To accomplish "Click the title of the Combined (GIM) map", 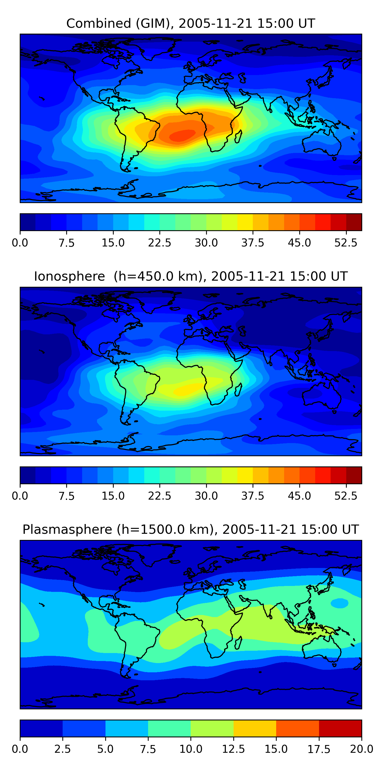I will tap(191, 23).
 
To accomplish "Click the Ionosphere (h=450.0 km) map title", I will tap(191, 276).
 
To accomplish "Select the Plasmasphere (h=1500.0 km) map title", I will tap(191, 529).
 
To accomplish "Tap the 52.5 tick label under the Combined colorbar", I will tap(346, 243).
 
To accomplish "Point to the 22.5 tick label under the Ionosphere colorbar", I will tap(160, 496).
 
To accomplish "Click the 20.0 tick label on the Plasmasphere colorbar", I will tap(361, 749).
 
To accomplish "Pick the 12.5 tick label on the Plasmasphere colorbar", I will tap(234, 749).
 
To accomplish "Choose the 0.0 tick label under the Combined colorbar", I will tap(20, 243).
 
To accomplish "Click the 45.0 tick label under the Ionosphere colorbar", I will tap(299, 496).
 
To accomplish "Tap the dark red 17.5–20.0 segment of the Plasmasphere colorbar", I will tap(340, 728).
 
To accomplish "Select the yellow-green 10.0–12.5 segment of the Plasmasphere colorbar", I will tap(212, 728).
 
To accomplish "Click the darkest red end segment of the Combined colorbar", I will tap(354, 222).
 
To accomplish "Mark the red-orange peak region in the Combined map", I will tap(182, 135).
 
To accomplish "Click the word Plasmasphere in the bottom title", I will tap(67, 529).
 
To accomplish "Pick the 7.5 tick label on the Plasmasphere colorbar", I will tap(148, 749).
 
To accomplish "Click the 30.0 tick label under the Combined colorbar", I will tap(206, 243).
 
